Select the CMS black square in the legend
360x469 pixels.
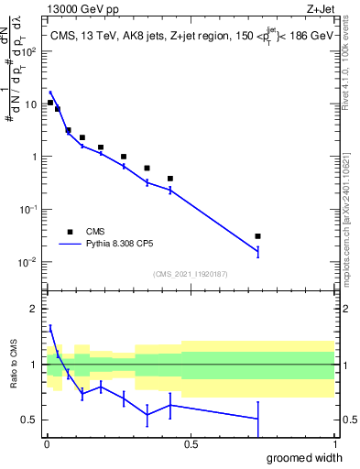tap(70, 232)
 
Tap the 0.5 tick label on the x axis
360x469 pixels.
tap(190, 444)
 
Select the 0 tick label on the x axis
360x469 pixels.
tap(46, 444)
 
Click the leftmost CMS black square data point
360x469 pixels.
tap(50, 103)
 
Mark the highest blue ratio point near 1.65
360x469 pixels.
tap(50, 327)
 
